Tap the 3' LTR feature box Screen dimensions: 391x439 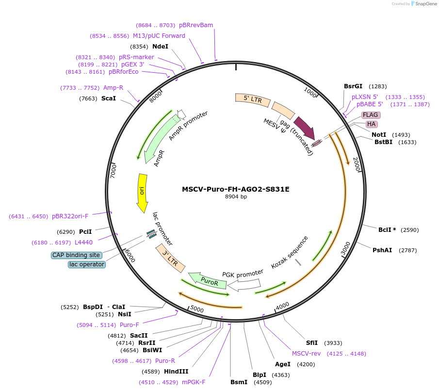tap(170, 258)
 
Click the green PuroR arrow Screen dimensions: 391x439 tap(209, 281)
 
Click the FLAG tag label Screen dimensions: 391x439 tap(371, 115)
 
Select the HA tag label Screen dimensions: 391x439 tap(372, 124)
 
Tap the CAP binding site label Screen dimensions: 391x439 tap(76, 255)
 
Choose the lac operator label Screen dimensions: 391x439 tap(87, 264)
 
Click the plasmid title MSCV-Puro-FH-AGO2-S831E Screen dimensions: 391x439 tap(236, 189)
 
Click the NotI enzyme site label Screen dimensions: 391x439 tap(379, 135)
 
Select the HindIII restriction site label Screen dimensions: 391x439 tap(176, 372)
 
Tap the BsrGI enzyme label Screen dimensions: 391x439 tap(353, 86)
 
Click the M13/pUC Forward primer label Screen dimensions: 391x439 tap(159, 36)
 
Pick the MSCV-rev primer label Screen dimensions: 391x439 tap(307, 354)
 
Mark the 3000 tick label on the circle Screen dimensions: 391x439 tap(346, 248)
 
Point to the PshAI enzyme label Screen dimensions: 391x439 tap(382, 250)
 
